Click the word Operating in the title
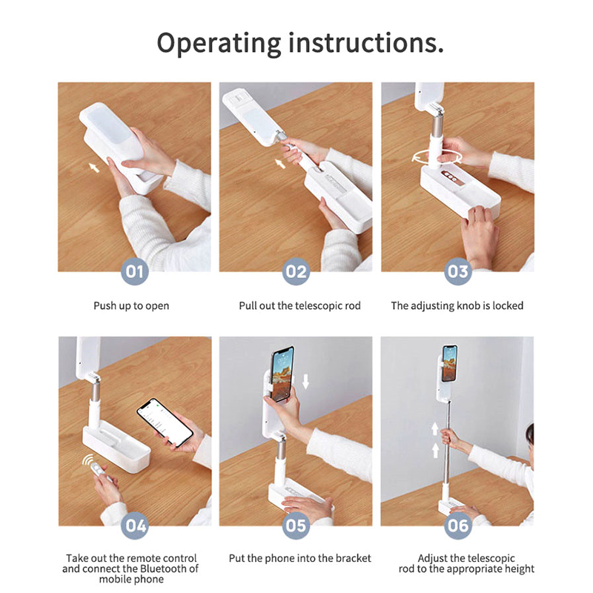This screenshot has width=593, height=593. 219,44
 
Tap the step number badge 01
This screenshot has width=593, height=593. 134,271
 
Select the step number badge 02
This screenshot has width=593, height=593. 296,271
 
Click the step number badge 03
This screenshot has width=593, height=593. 457,271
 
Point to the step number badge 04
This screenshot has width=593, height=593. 135,526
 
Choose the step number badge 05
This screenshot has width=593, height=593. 296,526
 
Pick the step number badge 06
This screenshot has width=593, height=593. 457,526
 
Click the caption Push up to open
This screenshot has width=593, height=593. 131,306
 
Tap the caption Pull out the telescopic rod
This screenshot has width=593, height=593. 300,305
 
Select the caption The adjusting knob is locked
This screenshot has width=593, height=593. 457,306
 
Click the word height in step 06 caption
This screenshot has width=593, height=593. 518,569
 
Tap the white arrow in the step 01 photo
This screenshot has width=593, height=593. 93,167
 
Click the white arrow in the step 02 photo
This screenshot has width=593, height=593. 280,163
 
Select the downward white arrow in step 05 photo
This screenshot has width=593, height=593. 305,381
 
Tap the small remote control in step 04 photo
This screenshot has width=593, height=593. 99,470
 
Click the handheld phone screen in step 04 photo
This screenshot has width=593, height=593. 165,422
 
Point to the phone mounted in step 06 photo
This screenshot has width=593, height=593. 450,363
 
